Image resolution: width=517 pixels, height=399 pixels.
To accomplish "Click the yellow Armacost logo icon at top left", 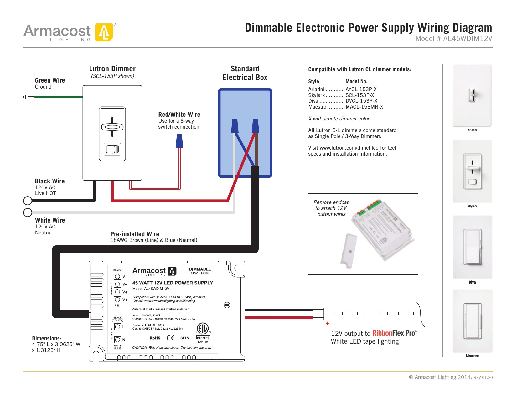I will click(x=104, y=32).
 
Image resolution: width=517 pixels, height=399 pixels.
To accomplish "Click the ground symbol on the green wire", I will click(x=28, y=97).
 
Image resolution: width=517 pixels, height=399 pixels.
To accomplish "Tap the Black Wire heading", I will click(x=50, y=181).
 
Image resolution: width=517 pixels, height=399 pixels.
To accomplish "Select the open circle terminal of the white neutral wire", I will click(x=28, y=212).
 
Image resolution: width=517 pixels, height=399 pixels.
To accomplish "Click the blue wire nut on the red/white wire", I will click(x=179, y=141).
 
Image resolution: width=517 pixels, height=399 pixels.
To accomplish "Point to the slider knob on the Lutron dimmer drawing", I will click(x=112, y=127).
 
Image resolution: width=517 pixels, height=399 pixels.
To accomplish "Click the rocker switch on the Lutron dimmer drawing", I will click(x=112, y=149).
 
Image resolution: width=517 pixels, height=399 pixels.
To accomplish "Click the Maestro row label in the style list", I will click(x=317, y=107).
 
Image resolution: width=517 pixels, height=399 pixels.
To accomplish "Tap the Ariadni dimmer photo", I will click(x=472, y=95).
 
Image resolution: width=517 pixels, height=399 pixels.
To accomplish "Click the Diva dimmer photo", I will click(x=472, y=247).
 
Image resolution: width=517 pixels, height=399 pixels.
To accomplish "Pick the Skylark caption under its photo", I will click(x=472, y=206).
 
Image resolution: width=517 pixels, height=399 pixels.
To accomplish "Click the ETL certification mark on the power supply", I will click(x=203, y=329).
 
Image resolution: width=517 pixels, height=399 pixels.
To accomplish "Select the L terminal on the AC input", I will click(x=117, y=327).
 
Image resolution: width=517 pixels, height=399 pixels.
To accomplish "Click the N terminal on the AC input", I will click(x=117, y=340).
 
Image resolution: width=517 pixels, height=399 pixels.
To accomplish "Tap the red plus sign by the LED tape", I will click(x=327, y=324).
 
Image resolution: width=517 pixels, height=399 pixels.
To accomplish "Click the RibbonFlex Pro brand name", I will click(x=394, y=333).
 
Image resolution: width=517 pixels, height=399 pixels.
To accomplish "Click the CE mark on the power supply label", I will click(x=171, y=338).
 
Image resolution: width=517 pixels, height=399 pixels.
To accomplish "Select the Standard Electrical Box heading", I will click(x=245, y=73).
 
